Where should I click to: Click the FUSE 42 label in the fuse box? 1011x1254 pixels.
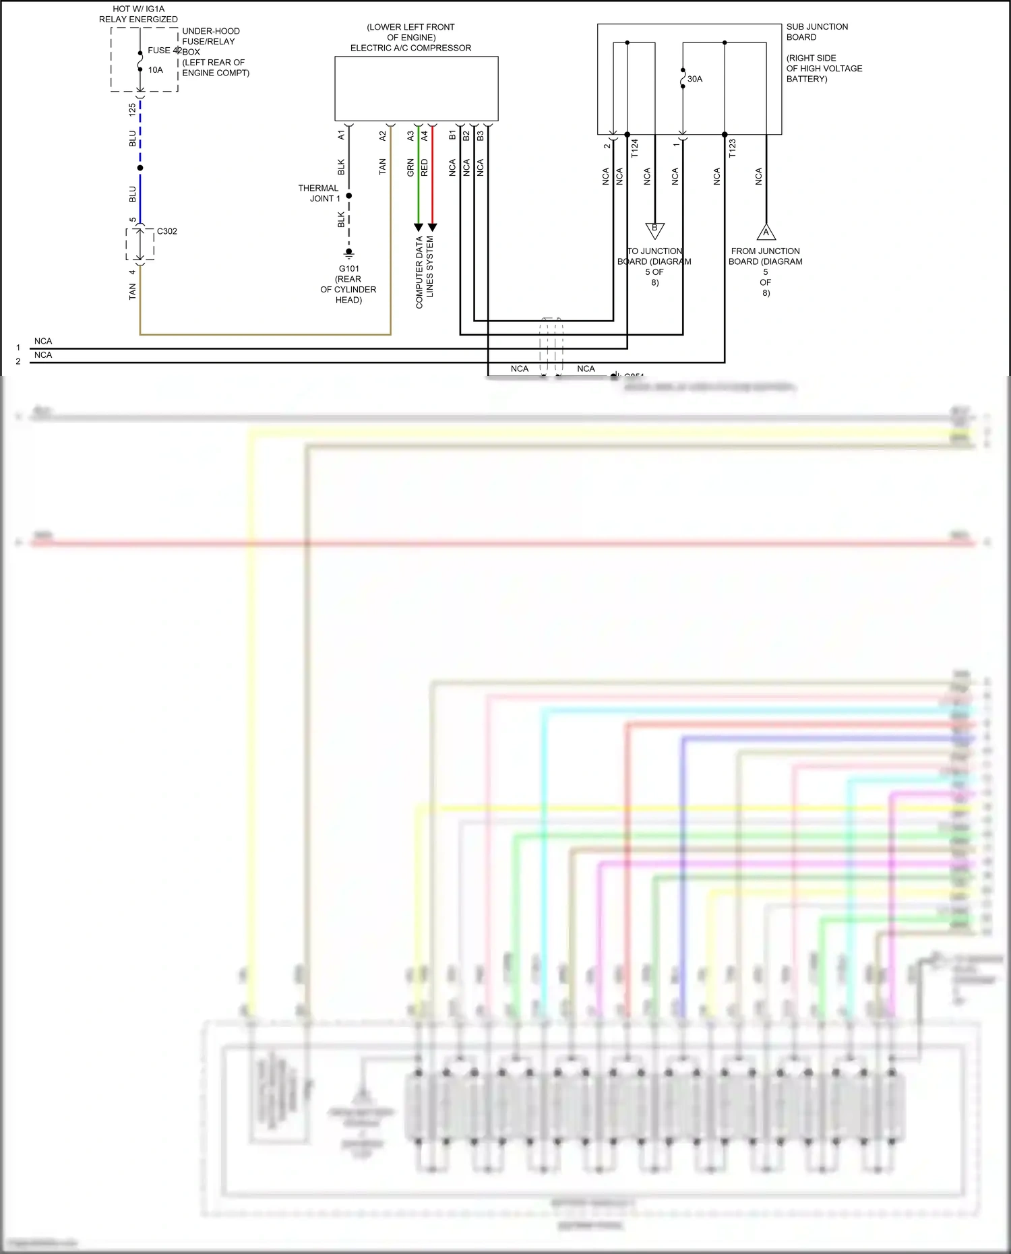click(x=164, y=51)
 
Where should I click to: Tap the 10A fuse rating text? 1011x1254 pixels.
click(x=156, y=70)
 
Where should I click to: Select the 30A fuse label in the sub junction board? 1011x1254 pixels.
click(x=695, y=80)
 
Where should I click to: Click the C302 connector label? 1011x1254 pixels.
click(x=167, y=231)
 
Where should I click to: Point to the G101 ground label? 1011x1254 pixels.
click(x=349, y=269)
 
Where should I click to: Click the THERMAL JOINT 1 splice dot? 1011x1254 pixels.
click(x=349, y=196)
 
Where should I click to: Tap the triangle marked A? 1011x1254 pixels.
click(x=766, y=233)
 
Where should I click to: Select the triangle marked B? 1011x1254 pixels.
click(x=654, y=229)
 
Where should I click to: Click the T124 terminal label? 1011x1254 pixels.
click(x=634, y=148)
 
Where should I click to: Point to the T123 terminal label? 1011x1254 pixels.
click(x=732, y=148)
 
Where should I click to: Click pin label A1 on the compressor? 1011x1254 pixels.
click(x=341, y=135)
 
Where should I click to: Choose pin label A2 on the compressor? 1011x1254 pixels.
click(x=383, y=135)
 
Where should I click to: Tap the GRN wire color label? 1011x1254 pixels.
click(x=410, y=168)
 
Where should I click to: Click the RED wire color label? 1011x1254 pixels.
click(x=425, y=168)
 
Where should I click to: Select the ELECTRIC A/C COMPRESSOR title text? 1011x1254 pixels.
click(x=410, y=48)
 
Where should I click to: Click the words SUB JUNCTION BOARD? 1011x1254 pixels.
click(x=817, y=32)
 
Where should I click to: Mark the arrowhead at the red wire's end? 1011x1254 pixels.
click(x=433, y=227)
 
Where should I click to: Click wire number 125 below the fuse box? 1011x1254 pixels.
click(x=132, y=108)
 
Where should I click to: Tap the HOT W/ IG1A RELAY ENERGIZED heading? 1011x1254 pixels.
click(x=138, y=14)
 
